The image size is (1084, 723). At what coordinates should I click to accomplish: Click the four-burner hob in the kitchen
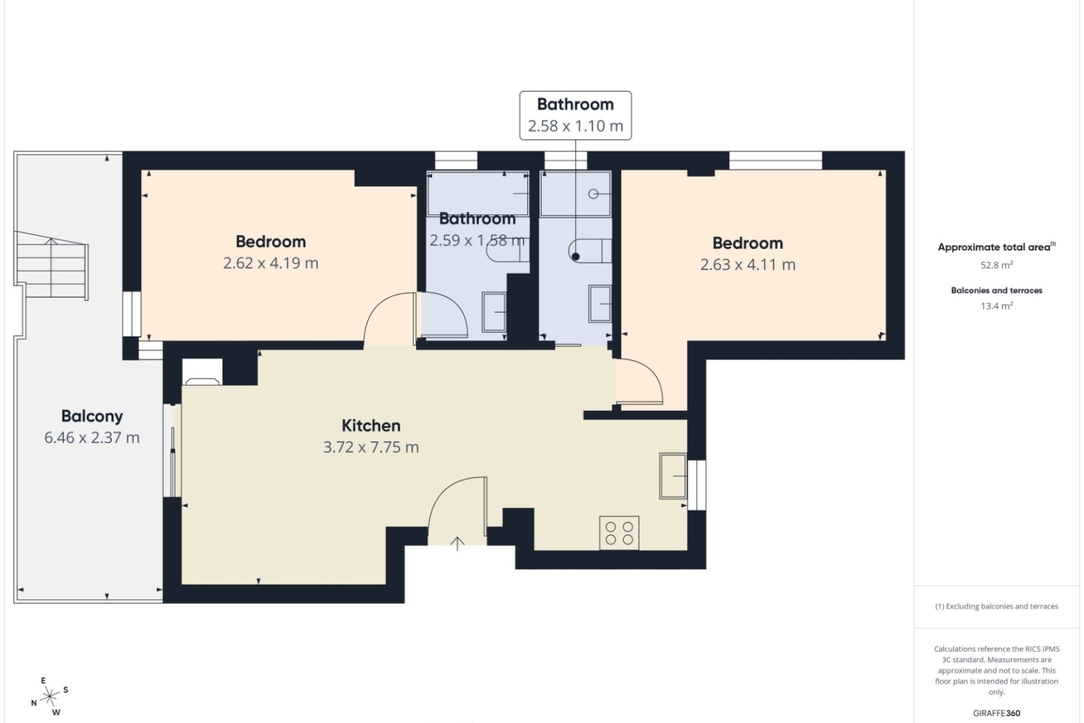tap(619, 533)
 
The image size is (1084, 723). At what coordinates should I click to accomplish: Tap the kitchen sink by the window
tap(673, 476)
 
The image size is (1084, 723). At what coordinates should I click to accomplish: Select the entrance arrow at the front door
tap(457, 543)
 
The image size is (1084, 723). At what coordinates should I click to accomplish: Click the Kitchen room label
tap(371, 425)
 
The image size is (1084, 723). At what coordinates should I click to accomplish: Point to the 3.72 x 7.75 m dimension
tap(371, 447)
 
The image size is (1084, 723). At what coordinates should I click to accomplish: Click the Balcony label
tap(92, 416)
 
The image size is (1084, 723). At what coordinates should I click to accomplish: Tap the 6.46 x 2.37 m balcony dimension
tap(92, 438)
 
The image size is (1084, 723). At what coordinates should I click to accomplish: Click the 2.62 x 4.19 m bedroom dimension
tap(271, 263)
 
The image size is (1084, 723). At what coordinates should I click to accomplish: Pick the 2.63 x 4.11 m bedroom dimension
tap(748, 265)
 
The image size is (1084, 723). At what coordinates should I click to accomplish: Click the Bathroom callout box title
tap(575, 104)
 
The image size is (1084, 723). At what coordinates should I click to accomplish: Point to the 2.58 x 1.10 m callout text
tap(575, 126)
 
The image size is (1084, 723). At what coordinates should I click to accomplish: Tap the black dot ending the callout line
tap(575, 256)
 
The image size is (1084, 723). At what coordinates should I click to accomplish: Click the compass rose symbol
tap(50, 695)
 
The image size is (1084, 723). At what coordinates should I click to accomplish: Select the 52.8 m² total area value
tap(996, 265)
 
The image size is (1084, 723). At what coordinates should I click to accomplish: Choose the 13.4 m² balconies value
tap(996, 306)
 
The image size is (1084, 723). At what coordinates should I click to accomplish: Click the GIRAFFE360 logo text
tap(996, 713)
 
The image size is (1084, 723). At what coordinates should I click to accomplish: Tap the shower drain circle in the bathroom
tap(593, 194)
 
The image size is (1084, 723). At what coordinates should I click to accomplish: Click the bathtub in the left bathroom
tap(478, 194)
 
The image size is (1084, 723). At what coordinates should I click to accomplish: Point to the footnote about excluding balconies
tap(996, 607)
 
